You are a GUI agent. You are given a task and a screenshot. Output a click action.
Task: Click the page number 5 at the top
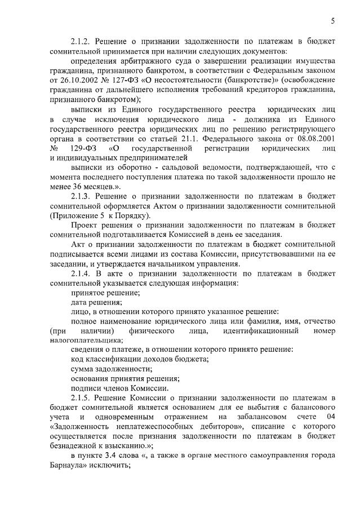[x=332, y=21]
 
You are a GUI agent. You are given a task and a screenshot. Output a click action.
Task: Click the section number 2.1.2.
[x=82, y=42]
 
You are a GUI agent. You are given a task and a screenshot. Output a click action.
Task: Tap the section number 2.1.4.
[x=82, y=273]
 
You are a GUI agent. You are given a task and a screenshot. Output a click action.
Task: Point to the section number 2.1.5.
[x=82, y=398]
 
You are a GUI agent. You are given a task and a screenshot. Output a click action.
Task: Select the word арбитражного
[x=144, y=61]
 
